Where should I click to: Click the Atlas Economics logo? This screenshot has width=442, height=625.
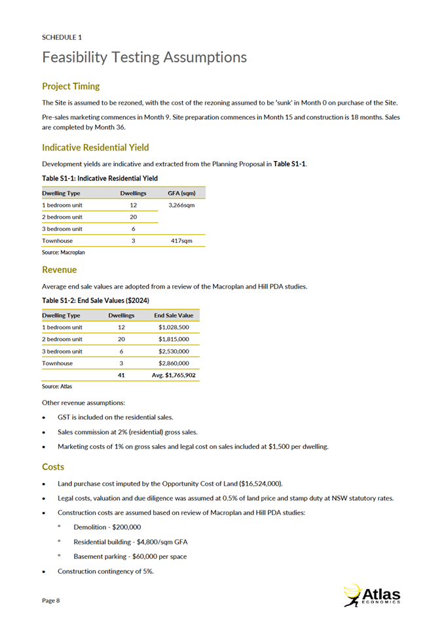click(371, 595)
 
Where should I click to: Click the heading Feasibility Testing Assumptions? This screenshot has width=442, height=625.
click(144, 58)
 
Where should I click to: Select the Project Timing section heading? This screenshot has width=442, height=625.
click(71, 86)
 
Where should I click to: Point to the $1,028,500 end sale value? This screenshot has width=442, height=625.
click(174, 327)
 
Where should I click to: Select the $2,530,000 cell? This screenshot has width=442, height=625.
click(174, 351)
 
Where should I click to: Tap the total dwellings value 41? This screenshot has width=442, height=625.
click(121, 375)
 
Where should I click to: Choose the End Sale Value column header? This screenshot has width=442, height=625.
click(174, 315)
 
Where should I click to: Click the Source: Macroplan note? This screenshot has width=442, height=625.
click(64, 251)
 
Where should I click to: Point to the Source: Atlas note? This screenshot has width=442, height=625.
click(57, 386)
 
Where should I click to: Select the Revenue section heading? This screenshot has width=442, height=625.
click(59, 270)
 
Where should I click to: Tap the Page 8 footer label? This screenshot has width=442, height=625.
click(51, 600)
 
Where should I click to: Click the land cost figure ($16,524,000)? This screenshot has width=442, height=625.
click(253, 484)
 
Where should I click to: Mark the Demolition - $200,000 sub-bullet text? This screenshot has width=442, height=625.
click(107, 527)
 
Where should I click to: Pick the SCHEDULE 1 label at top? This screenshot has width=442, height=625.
click(62, 37)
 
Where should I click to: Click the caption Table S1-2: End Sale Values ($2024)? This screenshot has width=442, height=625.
click(96, 300)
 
